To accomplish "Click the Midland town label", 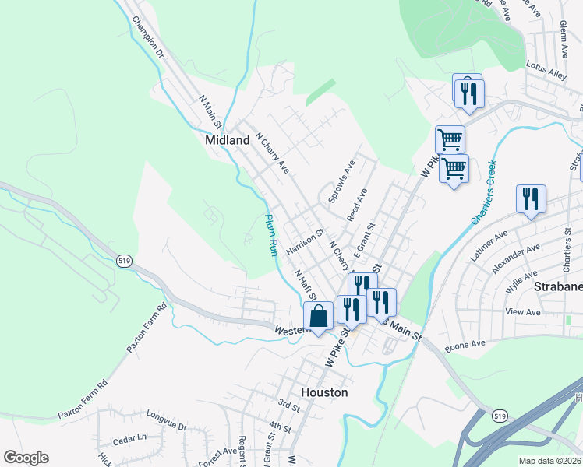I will tap(227, 141).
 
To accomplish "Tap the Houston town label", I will tap(323, 392).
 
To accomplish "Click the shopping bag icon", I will tap(318, 316).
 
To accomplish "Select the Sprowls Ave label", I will tap(340, 182).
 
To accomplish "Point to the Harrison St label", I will tap(305, 242).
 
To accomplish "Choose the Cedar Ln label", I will tap(129, 438).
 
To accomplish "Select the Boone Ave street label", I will tap(465, 343).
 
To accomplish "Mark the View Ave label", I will tap(523, 311).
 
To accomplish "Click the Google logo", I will tap(26, 458).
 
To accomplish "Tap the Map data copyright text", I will tap(549, 461).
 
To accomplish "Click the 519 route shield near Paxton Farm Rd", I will tap(123, 259).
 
